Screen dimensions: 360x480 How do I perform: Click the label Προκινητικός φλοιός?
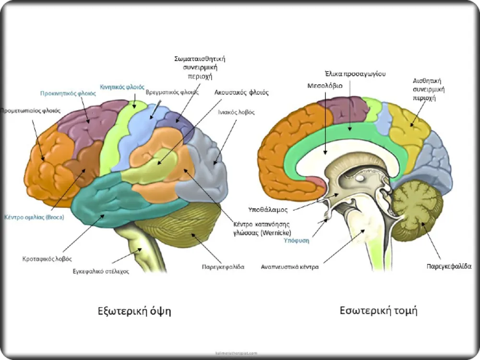tap(68, 93)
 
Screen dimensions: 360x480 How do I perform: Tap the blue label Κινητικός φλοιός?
tap(122, 87)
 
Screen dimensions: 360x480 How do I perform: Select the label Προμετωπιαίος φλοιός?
tap(30, 110)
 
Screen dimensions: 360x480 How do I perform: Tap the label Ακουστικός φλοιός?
tap(241, 92)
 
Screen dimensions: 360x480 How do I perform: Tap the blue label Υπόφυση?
tap(296, 241)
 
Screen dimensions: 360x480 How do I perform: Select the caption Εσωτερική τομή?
tap(378, 310)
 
